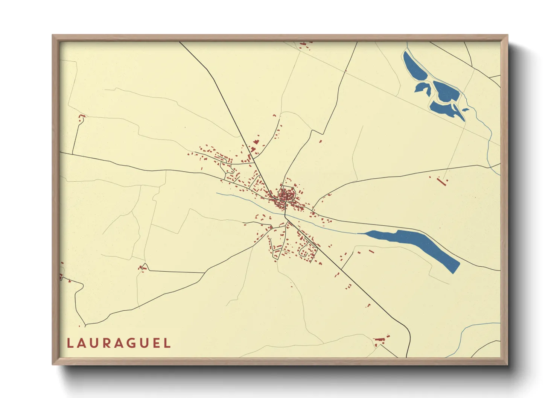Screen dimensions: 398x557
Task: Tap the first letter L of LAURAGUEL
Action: pos(70,343)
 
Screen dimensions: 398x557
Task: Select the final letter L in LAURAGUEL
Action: pos(167,343)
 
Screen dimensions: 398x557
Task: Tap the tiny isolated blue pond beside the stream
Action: pos(466,110)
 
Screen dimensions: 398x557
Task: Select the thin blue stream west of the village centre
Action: pos(241,199)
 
